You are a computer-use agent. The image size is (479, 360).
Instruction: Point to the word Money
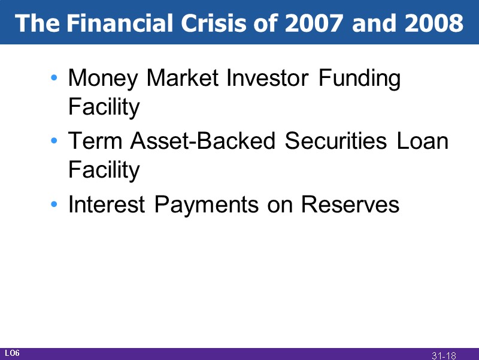[x=103, y=79]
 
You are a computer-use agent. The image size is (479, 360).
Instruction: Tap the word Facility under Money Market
[x=104, y=108]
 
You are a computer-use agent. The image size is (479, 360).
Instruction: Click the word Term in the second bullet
[x=96, y=142]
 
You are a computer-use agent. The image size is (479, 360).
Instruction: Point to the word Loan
[x=423, y=142]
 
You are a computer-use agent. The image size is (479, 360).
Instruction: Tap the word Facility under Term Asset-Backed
[x=104, y=171]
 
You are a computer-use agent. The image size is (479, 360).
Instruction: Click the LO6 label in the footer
[x=13, y=353]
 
